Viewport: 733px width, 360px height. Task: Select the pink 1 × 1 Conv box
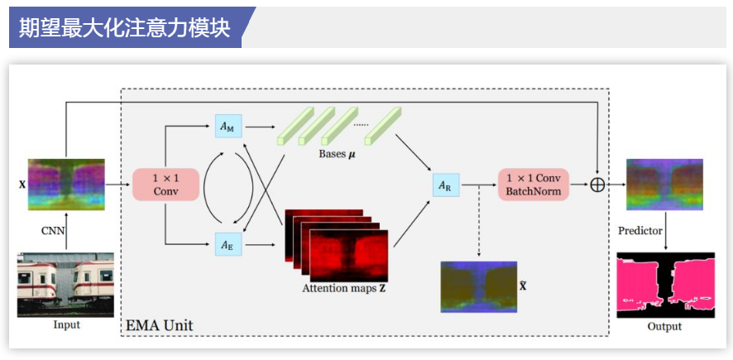(165, 184)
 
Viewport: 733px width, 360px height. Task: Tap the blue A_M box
(226, 127)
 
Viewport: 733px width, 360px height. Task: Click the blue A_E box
(226, 244)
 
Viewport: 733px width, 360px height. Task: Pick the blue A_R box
(444, 185)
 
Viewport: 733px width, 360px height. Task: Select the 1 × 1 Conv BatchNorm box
(534, 184)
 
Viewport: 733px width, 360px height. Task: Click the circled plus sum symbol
(597, 185)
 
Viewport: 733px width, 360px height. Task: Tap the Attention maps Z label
(344, 289)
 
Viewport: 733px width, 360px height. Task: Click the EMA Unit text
(159, 325)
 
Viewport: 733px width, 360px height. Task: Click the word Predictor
(640, 230)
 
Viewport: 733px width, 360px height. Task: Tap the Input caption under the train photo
(66, 325)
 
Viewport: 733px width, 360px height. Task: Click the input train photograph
(66, 285)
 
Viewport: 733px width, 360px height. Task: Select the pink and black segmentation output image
(664, 284)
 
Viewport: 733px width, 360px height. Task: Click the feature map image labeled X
(66, 184)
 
